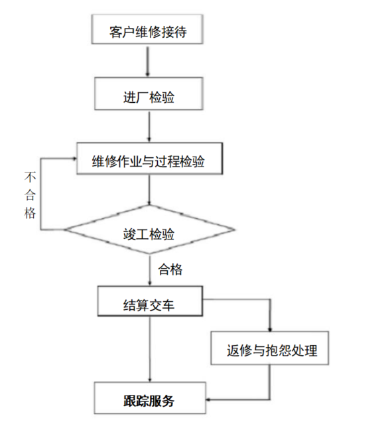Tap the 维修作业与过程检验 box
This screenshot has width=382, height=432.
click(149, 160)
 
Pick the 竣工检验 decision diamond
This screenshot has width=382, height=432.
click(149, 232)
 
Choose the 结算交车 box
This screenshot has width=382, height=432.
click(149, 303)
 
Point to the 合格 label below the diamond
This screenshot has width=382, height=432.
click(170, 270)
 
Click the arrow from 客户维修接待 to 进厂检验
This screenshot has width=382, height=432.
click(146, 62)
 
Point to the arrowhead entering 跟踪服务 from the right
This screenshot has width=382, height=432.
click(209, 400)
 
